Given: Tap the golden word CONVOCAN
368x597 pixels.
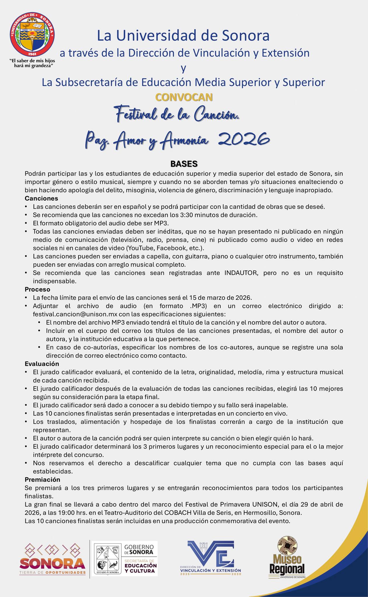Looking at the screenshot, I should (x=184, y=97).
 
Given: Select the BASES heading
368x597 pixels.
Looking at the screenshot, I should (x=184, y=164).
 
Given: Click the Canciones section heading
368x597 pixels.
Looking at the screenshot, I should (x=41, y=199).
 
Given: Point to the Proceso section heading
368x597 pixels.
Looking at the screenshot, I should (x=37, y=289).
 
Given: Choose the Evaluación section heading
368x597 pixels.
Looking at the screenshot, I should (x=42, y=364).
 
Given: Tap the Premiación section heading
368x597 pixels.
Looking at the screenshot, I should (x=42, y=480).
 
